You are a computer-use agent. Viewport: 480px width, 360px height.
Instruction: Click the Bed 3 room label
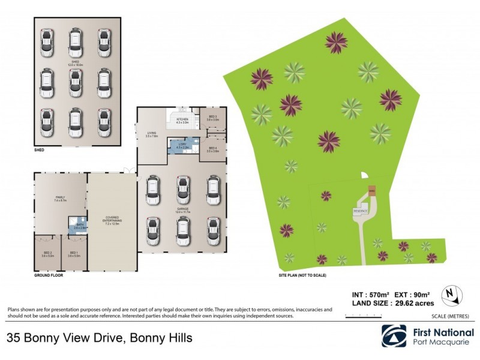tap(213, 116)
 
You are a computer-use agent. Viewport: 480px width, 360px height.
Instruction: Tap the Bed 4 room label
tap(213, 148)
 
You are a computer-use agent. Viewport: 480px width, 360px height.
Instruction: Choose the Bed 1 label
tap(74, 253)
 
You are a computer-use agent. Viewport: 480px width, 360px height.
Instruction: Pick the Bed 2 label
tap(48, 253)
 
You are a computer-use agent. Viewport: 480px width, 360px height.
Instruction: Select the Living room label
tap(151, 133)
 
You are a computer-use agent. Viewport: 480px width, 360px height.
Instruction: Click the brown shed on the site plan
tap(371, 191)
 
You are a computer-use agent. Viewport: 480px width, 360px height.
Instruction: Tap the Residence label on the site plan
tap(360, 211)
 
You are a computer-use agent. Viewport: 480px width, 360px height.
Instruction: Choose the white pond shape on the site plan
tap(365, 176)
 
